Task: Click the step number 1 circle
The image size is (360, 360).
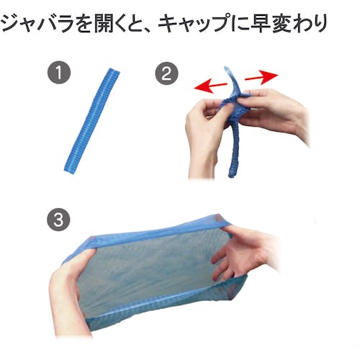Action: coord(59,72)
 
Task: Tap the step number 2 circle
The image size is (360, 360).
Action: coord(166,73)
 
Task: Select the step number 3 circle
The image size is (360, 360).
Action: coord(58,220)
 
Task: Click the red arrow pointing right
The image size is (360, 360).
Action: coord(261,77)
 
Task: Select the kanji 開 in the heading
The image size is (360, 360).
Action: coord(103,23)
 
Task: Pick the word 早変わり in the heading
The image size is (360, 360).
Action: coord(289,23)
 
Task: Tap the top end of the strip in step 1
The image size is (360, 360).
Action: coord(114,71)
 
